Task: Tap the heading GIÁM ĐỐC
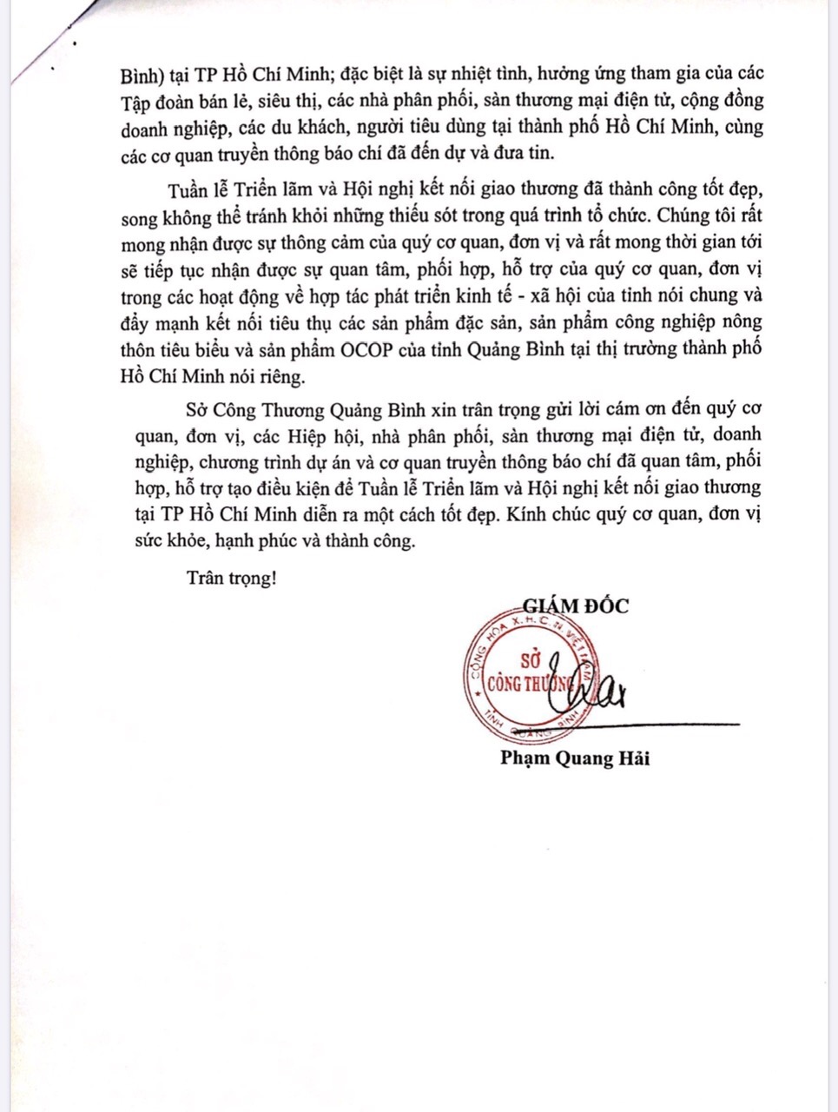pos(577,606)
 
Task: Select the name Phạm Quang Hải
pos(575,758)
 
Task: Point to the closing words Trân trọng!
pos(231,577)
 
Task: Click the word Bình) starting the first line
pos(139,75)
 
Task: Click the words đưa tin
pos(535,153)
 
